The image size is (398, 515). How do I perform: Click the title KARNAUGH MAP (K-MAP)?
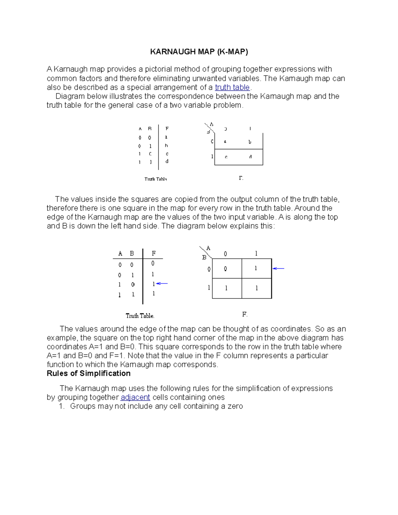tap(199, 52)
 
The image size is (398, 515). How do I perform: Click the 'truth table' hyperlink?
tap(232, 88)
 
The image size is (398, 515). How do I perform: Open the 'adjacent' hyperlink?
tap(135, 397)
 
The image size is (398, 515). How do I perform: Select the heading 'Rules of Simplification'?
tap(89, 373)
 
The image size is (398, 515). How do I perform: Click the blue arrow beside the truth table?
tap(162, 284)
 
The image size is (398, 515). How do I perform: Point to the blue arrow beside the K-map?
tap(279, 268)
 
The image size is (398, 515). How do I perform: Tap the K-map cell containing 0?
tap(226, 269)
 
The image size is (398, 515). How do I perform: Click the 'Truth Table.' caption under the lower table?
tap(140, 316)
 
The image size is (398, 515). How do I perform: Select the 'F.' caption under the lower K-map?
tap(245, 314)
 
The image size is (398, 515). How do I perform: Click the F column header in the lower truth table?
tap(154, 254)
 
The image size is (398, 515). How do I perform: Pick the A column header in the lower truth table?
tap(120, 254)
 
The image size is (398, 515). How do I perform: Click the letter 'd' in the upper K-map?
tap(250, 157)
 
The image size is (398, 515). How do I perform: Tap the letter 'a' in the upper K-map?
tap(225, 142)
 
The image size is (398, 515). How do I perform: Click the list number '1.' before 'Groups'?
tap(61, 406)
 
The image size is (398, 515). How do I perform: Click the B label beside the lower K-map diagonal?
tap(204, 257)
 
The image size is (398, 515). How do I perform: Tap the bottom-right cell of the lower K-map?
tap(256, 289)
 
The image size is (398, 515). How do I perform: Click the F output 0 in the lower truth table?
tap(153, 264)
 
